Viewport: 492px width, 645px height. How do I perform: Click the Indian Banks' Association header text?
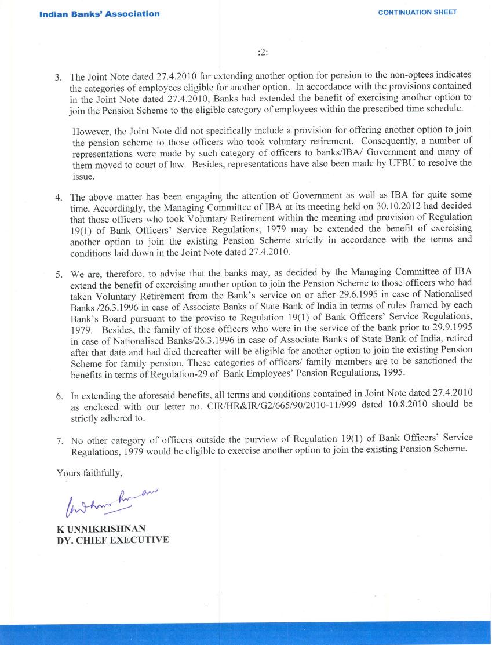tap(100, 14)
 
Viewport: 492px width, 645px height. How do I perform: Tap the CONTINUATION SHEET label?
tap(417, 12)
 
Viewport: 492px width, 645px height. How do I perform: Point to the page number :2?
tap(263, 52)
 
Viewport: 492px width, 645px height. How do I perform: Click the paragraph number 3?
tap(58, 77)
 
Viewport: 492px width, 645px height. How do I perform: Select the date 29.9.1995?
tap(452, 327)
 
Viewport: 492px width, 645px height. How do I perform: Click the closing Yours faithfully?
tap(89, 473)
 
